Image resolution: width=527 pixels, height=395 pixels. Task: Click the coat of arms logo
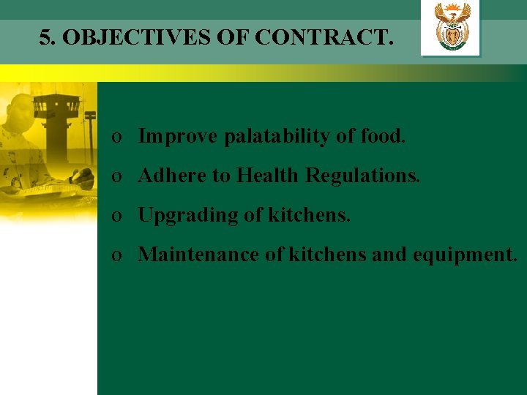452,28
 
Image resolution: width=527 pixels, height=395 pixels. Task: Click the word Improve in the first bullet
178,136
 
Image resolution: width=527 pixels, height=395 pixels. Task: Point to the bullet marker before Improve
116,138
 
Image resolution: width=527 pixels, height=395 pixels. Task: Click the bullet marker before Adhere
116,177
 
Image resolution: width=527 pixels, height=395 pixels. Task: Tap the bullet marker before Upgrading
116,217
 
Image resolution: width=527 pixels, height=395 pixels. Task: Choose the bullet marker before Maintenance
116,256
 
